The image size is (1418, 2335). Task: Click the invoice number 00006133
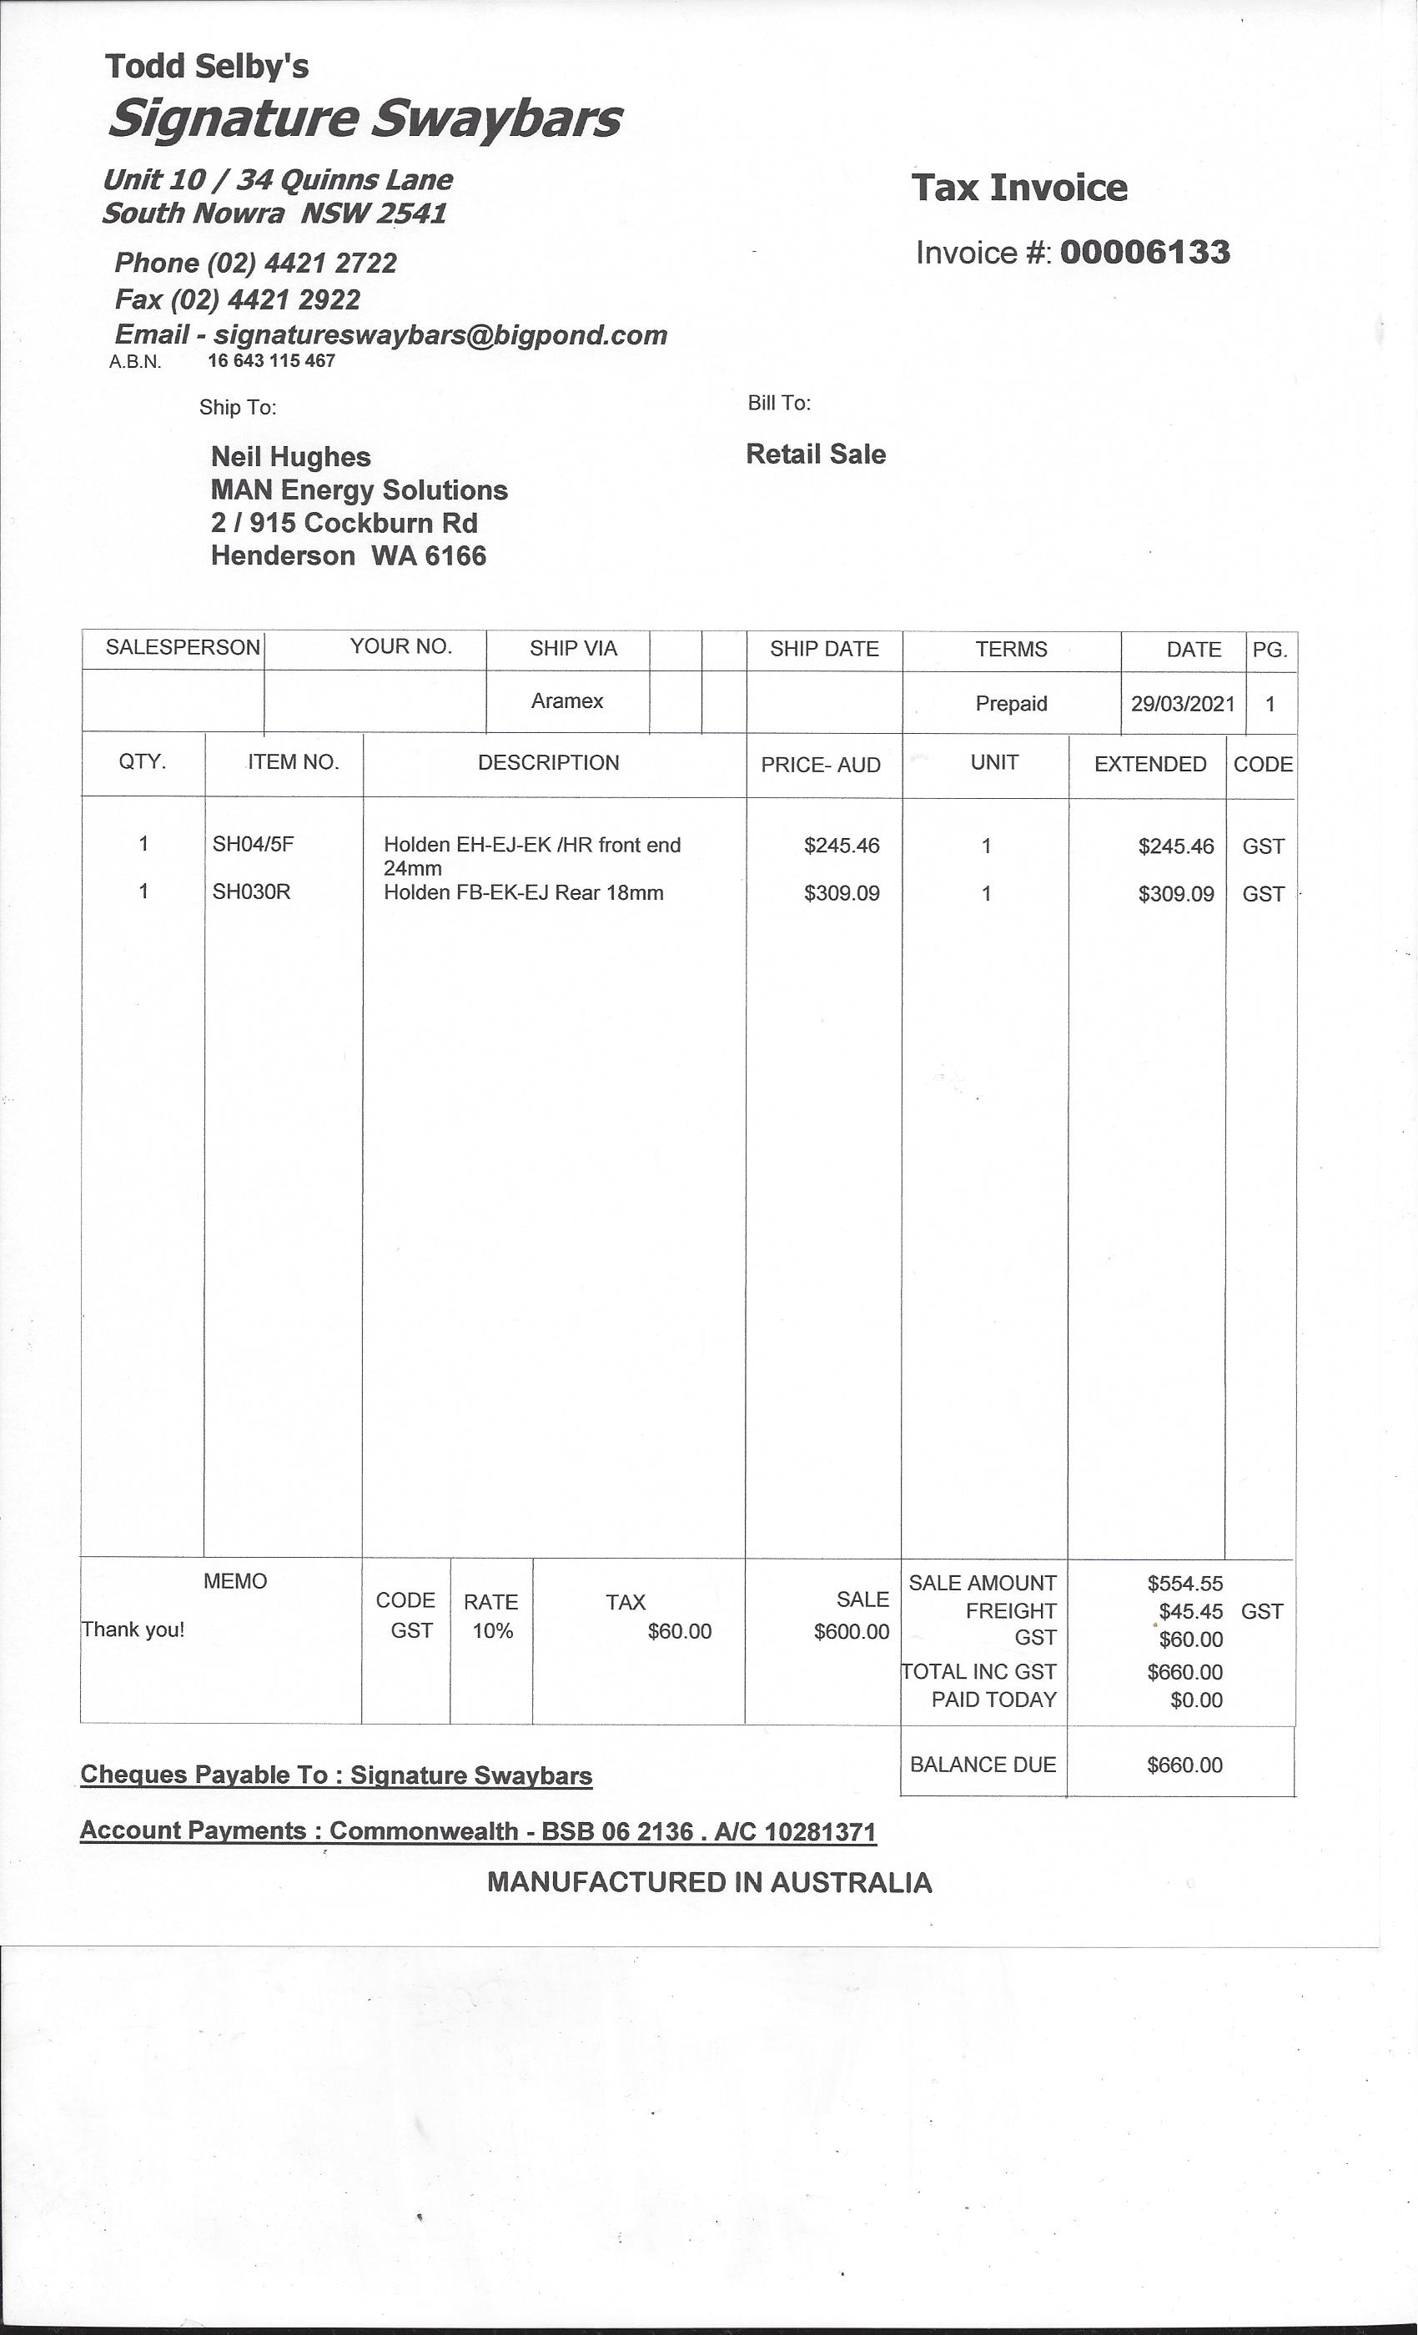(x=1144, y=252)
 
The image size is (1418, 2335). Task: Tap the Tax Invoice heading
(x=1019, y=188)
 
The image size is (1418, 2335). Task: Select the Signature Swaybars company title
(x=365, y=119)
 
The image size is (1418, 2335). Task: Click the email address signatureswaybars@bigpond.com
(x=440, y=334)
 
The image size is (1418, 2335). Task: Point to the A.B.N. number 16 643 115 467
(x=271, y=360)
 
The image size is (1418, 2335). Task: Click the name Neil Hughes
(x=290, y=457)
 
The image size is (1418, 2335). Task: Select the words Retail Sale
(x=815, y=454)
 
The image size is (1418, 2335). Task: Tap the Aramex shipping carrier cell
(x=567, y=700)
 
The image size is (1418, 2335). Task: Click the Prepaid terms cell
(x=1010, y=703)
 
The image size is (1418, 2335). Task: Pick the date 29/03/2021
(x=1182, y=703)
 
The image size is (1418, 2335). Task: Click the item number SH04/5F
(x=253, y=843)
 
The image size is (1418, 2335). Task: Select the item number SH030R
(x=251, y=891)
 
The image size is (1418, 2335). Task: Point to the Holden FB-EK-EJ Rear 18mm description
(x=523, y=891)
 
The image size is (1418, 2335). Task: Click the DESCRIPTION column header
(x=548, y=763)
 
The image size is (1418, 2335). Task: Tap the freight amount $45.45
(x=1190, y=1611)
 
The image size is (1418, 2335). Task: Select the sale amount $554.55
(x=1184, y=1584)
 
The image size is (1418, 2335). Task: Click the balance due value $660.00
(x=1184, y=1765)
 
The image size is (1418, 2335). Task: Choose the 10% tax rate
(x=493, y=1631)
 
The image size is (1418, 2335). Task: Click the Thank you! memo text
(x=133, y=1630)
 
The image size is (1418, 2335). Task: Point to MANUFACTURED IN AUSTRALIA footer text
(x=709, y=1882)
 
